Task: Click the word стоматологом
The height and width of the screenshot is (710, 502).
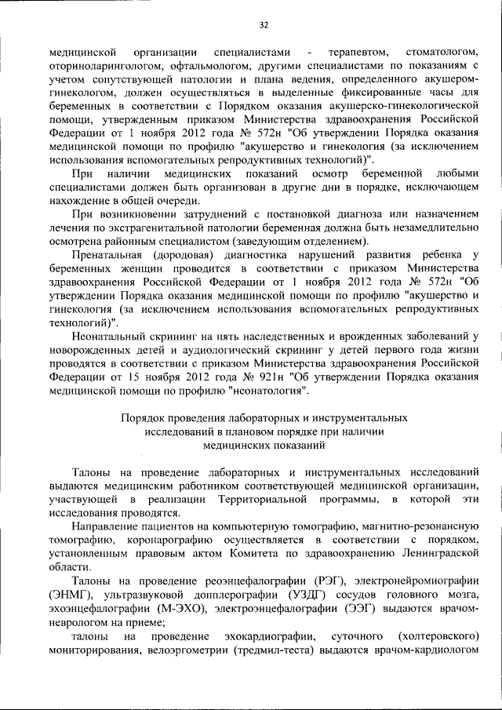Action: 440,52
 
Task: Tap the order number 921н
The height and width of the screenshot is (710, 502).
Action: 256,377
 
